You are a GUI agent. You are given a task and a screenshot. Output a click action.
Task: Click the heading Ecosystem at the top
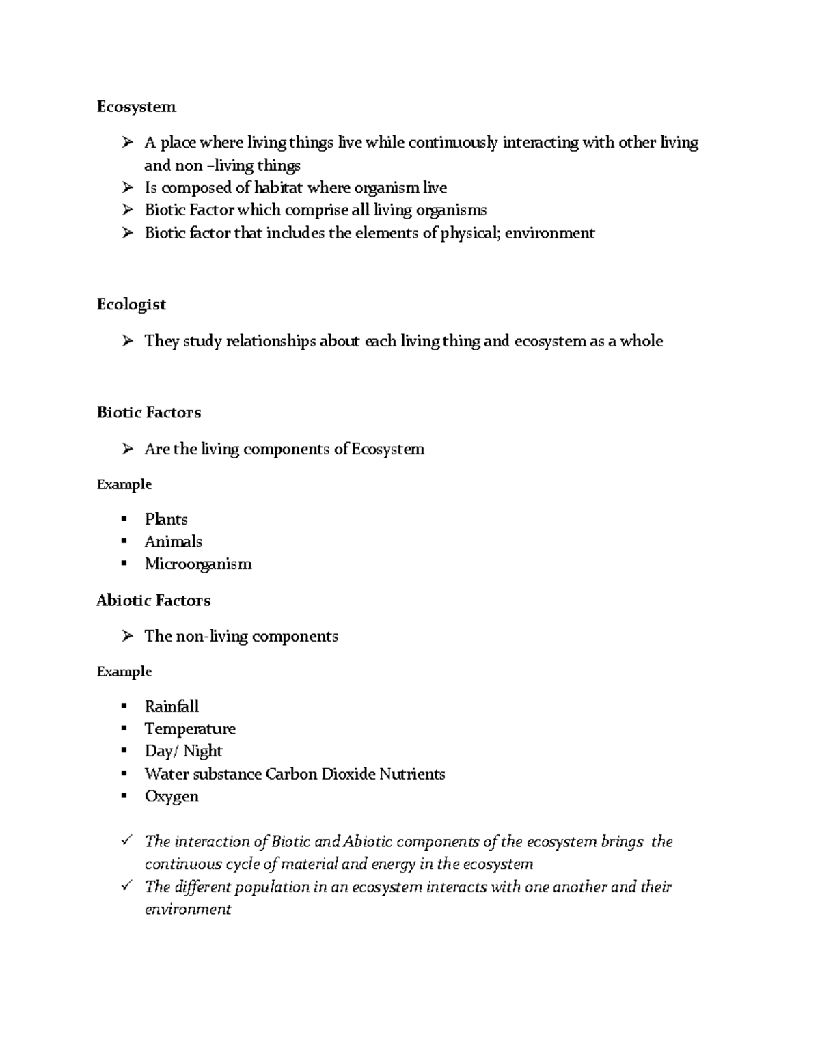coord(136,107)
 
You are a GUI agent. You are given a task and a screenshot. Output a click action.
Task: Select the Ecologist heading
coord(131,305)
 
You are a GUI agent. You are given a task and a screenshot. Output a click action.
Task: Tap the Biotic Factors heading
coord(149,413)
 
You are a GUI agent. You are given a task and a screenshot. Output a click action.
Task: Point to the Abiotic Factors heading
coord(153,601)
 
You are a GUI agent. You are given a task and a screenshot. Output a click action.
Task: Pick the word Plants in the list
coord(166,519)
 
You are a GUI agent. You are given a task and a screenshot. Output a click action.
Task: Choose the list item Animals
coord(173,542)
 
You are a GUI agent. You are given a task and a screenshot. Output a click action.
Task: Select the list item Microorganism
coord(198,564)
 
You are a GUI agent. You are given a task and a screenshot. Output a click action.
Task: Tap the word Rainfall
coord(172,706)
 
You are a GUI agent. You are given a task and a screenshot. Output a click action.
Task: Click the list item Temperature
coord(190,729)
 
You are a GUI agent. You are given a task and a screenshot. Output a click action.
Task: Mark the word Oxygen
coord(172,797)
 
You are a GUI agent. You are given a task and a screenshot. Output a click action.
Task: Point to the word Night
coord(203,752)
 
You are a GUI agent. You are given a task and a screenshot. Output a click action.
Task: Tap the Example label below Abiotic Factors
coord(124,672)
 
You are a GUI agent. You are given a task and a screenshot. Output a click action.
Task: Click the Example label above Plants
coord(124,484)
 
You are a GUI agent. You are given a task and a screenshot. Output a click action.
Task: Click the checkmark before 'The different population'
coord(126,886)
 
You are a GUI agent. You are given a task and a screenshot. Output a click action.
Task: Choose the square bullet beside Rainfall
coord(124,706)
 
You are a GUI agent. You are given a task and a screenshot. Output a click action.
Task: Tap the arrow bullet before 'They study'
coord(127,340)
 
